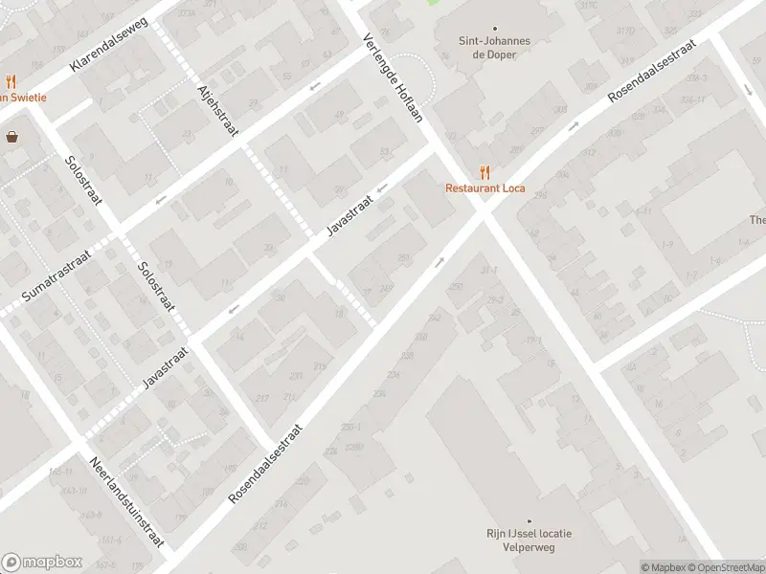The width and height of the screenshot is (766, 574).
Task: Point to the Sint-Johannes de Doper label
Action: point(495,48)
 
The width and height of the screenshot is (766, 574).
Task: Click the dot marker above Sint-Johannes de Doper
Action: point(495,29)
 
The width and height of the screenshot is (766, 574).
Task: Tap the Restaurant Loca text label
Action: point(485,188)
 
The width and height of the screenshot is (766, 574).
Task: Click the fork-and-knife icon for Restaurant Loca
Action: point(485,172)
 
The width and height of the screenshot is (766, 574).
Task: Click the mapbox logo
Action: point(42,562)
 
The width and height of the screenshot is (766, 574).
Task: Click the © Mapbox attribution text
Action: point(662,567)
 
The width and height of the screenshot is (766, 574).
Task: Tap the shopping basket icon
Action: point(12,137)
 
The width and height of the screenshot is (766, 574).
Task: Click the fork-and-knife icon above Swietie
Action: point(11,81)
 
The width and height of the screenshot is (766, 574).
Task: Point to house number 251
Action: point(404,257)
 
